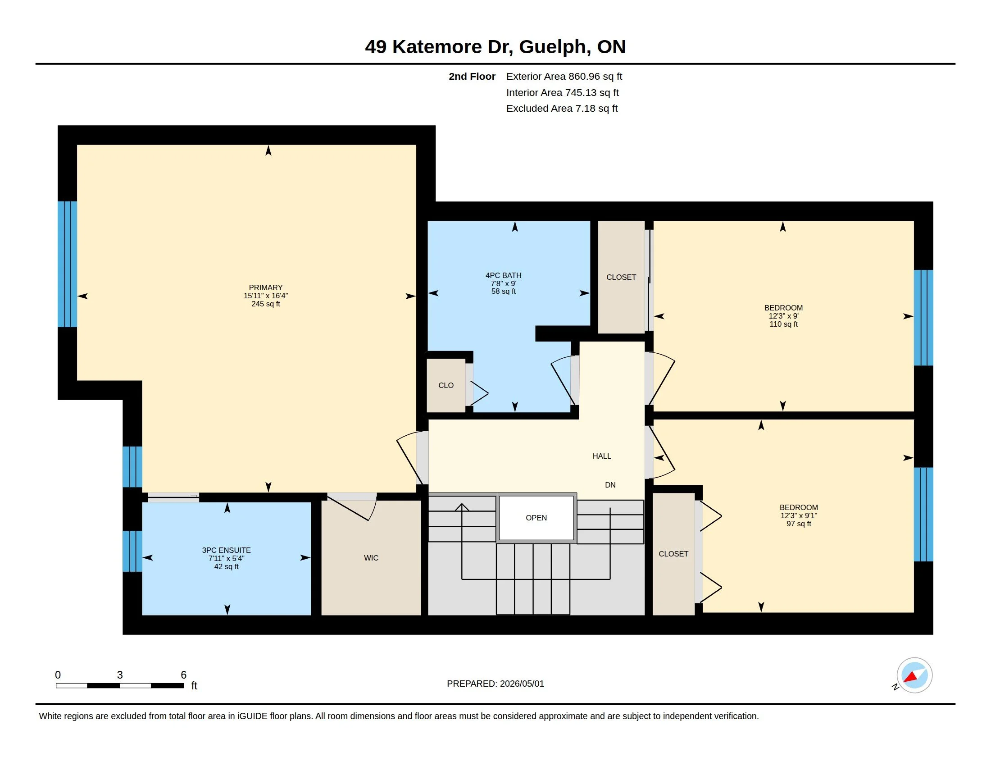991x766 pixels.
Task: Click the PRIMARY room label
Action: [265, 287]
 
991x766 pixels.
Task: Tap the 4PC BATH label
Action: [503, 275]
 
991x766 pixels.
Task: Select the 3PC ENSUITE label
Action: [227, 550]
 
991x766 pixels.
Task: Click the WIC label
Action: [371, 558]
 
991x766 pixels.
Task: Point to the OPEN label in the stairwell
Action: [536, 518]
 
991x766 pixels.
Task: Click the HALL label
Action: [602, 456]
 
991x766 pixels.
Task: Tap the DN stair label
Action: [610, 485]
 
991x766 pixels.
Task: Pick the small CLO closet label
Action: [446, 385]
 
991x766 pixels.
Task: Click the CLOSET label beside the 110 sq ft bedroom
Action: [621, 277]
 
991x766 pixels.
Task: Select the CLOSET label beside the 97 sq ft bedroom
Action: [673, 554]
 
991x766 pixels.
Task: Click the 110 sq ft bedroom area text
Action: [784, 324]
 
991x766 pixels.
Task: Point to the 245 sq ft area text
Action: [266, 304]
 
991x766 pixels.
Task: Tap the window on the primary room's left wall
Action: [67, 264]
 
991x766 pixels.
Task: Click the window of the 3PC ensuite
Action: [132, 551]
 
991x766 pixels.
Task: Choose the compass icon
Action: [914, 675]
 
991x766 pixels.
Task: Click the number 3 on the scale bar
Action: [120, 675]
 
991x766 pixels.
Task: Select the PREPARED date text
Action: [495, 684]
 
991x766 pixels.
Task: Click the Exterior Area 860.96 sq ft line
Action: [564, 76]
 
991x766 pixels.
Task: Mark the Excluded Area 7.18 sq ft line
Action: [562, 108]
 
